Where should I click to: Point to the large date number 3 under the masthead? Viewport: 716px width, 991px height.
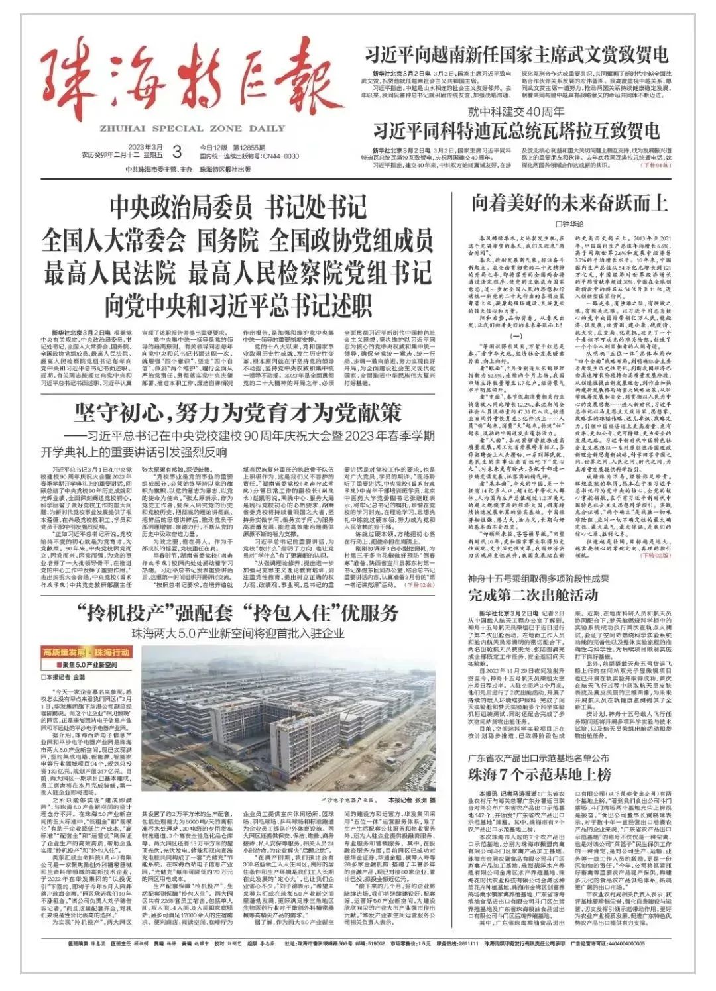176,152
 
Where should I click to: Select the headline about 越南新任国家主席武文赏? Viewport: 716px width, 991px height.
516,54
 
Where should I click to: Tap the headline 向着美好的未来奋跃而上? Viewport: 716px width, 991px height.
569,203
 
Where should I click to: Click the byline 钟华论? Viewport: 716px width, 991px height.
569,224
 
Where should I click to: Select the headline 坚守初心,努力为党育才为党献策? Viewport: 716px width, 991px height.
237,413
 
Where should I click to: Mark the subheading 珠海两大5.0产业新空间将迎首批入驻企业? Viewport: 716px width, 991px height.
237,633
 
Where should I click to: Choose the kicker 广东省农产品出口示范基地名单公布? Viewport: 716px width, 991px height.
538,758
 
